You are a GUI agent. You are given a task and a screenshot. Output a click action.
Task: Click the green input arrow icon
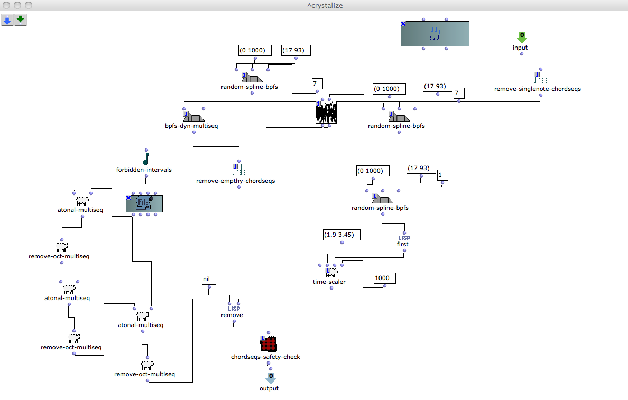522,36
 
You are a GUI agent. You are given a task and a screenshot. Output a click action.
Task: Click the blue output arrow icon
270,378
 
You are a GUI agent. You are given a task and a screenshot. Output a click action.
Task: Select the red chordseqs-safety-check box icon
269,345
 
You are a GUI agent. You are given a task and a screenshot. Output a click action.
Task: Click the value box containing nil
209,279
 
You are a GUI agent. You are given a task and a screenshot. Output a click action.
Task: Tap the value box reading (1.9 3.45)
341,234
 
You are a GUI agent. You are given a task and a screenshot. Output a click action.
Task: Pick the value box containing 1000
384,278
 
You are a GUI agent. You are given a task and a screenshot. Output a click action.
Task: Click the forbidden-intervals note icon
146,158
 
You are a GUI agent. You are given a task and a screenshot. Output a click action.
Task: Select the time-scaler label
329,282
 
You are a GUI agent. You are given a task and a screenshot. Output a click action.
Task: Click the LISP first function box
403,241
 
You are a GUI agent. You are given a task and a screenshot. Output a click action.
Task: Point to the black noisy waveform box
326,113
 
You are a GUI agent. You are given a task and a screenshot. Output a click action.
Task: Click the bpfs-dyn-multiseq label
191,126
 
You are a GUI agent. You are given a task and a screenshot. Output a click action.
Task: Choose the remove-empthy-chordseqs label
235,181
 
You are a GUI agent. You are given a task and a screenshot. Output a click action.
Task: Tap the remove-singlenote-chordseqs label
537,89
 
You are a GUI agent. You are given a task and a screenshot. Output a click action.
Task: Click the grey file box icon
144,203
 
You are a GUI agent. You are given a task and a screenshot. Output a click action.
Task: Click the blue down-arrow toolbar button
7,21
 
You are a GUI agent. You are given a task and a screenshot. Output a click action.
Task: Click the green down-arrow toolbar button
21,21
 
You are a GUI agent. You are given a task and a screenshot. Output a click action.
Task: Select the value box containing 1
442,175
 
